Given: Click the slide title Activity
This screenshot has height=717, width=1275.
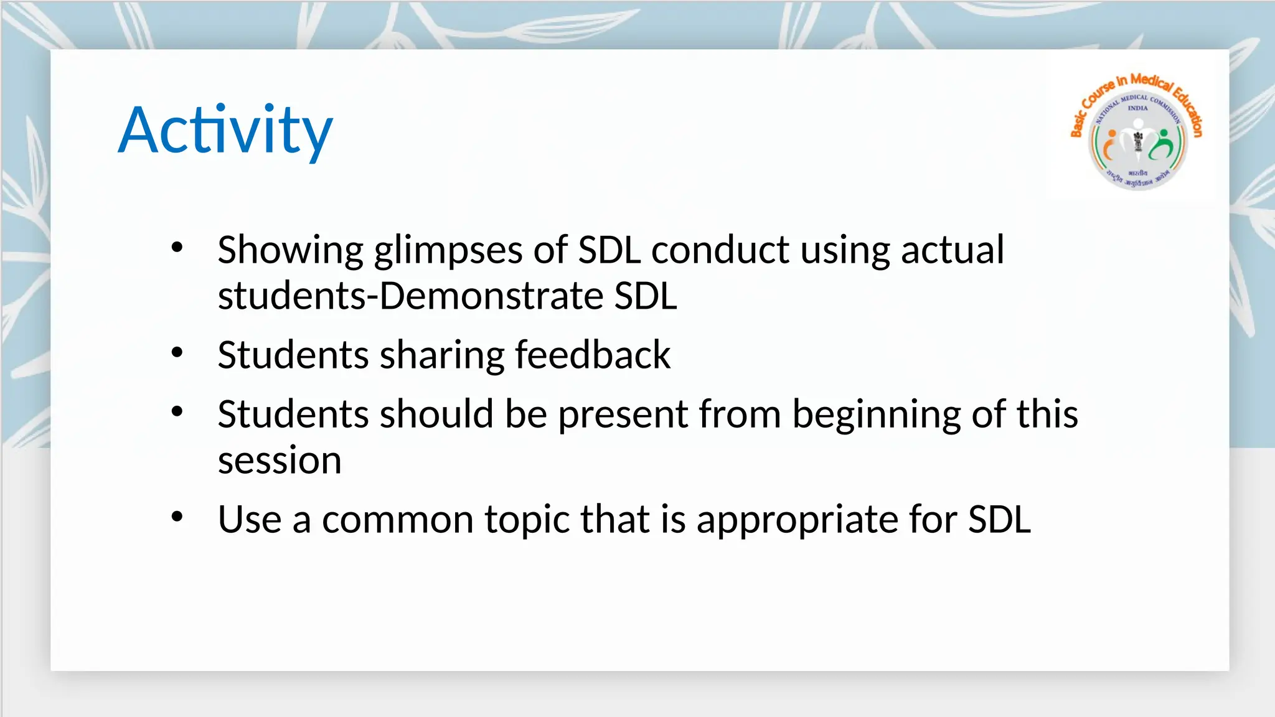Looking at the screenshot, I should click(x=225, y=130).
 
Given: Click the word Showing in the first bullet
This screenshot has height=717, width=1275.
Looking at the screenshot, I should click(x=290, y=250).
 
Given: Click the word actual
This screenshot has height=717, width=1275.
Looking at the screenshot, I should click(x=952, y=250).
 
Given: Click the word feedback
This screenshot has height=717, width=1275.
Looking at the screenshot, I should click(x=592, y=355).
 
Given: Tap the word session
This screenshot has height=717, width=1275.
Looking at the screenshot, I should click(x=280, y=461).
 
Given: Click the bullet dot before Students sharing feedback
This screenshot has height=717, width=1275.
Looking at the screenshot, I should click(x=177, y=353).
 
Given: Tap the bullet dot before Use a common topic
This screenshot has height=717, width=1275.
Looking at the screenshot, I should click(x=177, y=517).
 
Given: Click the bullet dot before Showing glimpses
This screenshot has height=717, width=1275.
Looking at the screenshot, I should click(x=177, y=248).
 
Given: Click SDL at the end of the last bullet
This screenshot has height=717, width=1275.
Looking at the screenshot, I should click(x=999, y=519).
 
